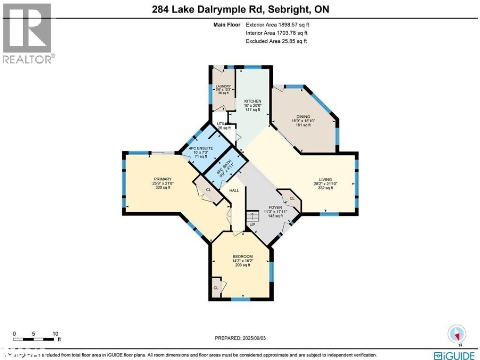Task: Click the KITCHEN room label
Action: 252,101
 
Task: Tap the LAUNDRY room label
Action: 223,86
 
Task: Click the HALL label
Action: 234,191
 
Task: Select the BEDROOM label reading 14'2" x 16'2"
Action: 243,257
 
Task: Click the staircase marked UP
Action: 252,217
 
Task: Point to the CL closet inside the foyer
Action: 292,199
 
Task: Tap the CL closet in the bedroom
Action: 216,288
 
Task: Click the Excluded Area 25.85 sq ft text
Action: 276,41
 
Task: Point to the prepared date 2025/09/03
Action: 240,338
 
